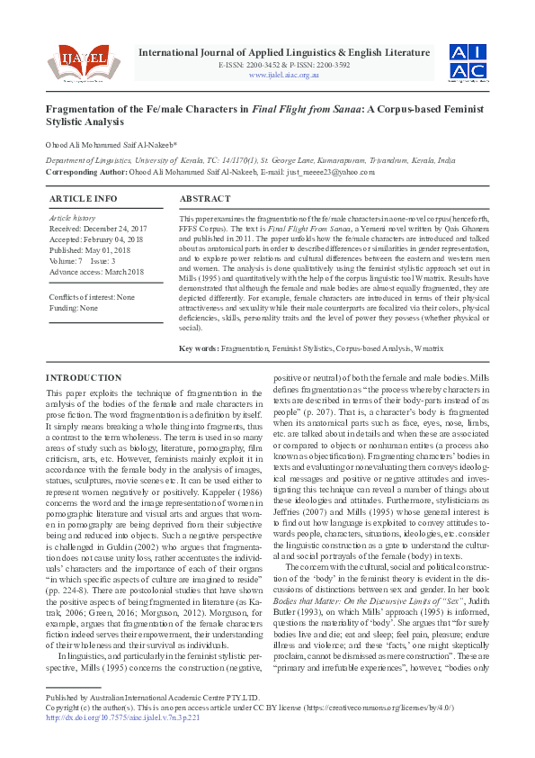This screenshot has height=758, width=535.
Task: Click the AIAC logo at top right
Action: (x=468, y=61)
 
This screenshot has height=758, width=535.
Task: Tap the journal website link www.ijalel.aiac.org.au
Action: (x=284, y=75)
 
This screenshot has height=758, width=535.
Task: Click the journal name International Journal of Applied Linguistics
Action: (x=284, y=52)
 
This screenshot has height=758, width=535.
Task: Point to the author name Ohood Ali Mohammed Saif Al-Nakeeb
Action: (x=111, y=144)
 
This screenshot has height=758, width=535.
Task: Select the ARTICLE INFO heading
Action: (x=83, y=198)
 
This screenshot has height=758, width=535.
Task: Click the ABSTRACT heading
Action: (x=205, y=198)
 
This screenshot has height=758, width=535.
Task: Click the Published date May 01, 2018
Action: (x=91, y=250)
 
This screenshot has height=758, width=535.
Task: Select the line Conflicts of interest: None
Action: (x=92, y=297)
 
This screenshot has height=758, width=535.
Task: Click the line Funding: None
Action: (x=74, y=308)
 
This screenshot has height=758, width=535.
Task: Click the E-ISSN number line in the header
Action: (x=284, y=66)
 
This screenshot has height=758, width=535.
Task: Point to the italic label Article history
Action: (x=71, y=218)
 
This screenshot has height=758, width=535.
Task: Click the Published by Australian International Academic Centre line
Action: (x=152, y=723)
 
